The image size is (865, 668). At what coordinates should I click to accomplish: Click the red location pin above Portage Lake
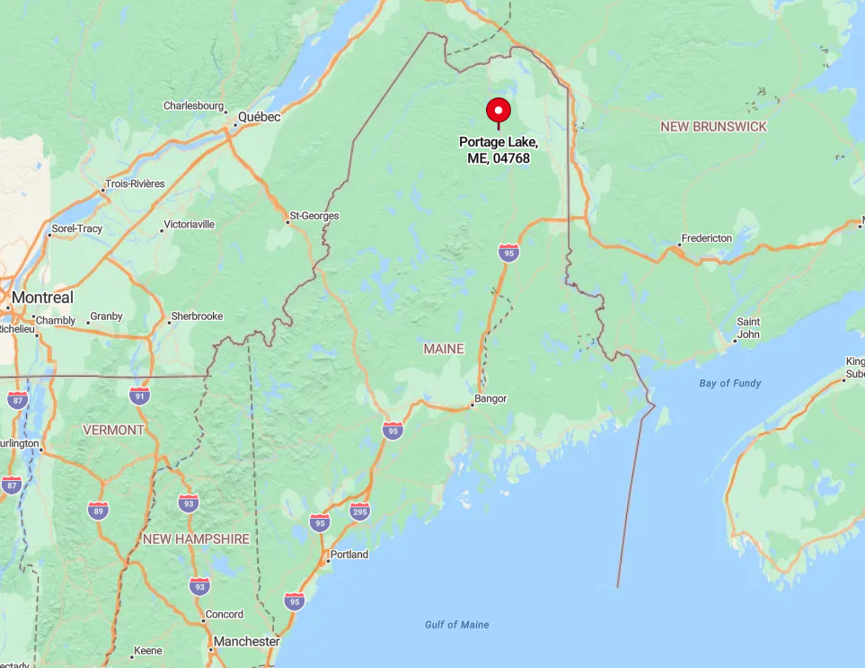point(499,111)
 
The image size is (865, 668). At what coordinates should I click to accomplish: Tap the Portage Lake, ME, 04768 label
point(499,150)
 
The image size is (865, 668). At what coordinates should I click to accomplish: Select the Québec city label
point(259,118)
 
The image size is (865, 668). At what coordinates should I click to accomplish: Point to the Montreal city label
point(42,298)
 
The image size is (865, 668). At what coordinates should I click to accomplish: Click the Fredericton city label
point(708,238)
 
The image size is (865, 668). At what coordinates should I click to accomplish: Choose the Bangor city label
point(491,398)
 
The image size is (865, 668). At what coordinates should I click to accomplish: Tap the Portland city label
point(349,555)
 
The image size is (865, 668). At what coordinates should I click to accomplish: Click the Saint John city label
point(748,328)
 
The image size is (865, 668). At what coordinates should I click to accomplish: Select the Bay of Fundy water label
point(730,384)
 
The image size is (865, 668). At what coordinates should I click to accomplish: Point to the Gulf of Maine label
point(457,625)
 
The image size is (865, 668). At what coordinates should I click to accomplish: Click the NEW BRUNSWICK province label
point(714,127)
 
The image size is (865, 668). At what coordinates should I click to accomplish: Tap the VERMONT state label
point(113,430)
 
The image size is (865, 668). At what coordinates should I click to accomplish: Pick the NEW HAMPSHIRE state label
point(196,539)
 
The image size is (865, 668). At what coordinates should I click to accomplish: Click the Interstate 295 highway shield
point(359,512)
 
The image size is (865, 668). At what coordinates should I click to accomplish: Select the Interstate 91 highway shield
point(139,396)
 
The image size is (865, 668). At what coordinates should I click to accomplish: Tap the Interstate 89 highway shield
point(99,511)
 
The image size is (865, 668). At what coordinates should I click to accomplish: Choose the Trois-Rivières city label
point(135,183)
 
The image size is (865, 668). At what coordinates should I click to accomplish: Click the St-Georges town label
point(314,217)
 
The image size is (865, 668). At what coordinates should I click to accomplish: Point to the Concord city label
point(225,615)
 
